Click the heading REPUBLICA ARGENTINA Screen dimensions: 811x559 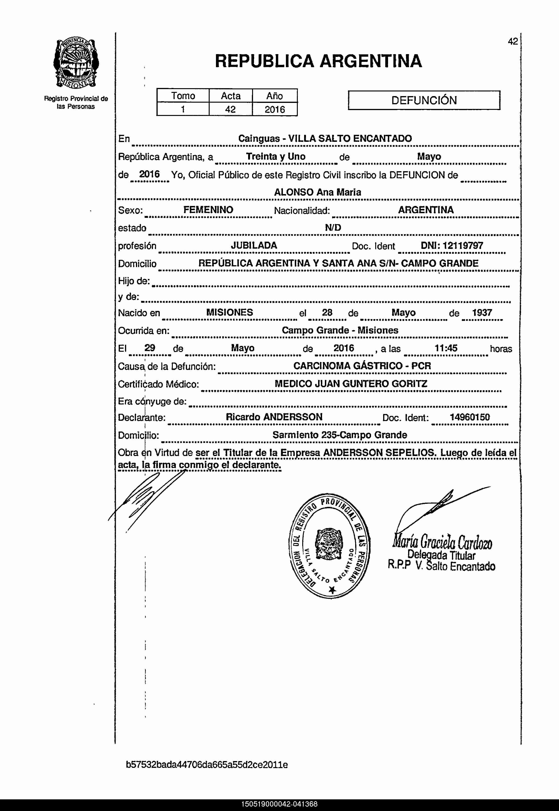(x=318, y=61)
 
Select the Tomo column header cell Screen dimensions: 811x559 (x=183, y=96)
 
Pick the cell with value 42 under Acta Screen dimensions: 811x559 (x=230, y=109)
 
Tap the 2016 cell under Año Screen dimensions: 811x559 (x=274, y=109)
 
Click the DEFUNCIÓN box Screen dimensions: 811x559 (x=424, y=101)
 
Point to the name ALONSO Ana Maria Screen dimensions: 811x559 (x=317, y=192)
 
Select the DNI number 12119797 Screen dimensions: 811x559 (x=462, y=246)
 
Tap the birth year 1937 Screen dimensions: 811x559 (x=482, y=313)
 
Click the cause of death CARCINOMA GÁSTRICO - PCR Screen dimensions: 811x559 (x=362, y=366)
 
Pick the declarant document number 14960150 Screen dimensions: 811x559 (x=469, y=417)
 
